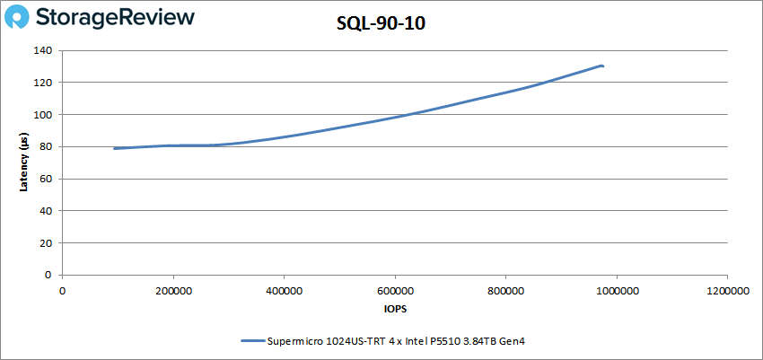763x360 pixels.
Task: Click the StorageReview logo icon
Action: (22, 18)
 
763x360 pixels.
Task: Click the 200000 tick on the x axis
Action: (173, 290)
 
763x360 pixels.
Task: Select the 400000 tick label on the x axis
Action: (284, 290)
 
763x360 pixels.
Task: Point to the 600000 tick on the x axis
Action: (395, 290)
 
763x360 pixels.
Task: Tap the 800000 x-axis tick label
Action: (505, 290)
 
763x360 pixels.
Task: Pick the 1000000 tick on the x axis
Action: (617, 290)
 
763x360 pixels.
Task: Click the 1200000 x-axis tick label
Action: (727, 290)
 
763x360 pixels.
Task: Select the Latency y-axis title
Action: (23, 162)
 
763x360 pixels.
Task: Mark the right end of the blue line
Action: (602, 66)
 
